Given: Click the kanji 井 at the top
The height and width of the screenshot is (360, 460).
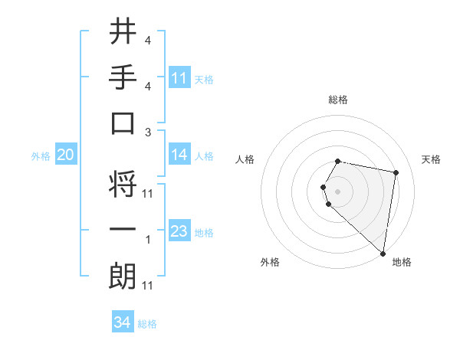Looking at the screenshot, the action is tap(123, 31).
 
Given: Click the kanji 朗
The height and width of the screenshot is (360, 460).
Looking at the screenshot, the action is tap(123, 276).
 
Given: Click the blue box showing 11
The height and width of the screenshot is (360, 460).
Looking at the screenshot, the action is tap(179, 78).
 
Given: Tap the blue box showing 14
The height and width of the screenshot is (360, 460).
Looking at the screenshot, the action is tap(179, 155).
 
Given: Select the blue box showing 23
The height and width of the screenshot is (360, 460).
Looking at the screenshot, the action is tap(179, 231).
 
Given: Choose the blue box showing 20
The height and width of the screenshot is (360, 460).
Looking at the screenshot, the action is tap(65, 155).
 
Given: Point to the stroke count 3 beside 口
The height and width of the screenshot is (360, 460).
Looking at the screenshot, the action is tap(148, 132).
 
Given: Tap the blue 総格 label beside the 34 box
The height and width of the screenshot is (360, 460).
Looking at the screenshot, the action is tap(147, 324).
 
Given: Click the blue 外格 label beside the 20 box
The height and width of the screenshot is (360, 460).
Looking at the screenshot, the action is tap(41, 156).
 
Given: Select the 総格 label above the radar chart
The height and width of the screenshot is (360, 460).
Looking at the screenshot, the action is tap(338, 100).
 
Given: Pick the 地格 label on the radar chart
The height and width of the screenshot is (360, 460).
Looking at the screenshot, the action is tap(402, 262).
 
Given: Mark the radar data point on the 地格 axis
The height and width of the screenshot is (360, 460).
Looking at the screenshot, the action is tap(383, 253).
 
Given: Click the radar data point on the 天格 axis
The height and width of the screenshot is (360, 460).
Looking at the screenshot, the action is tap(396, 172).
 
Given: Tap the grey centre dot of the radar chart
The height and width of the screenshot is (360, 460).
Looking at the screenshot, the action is tap(338, 191).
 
